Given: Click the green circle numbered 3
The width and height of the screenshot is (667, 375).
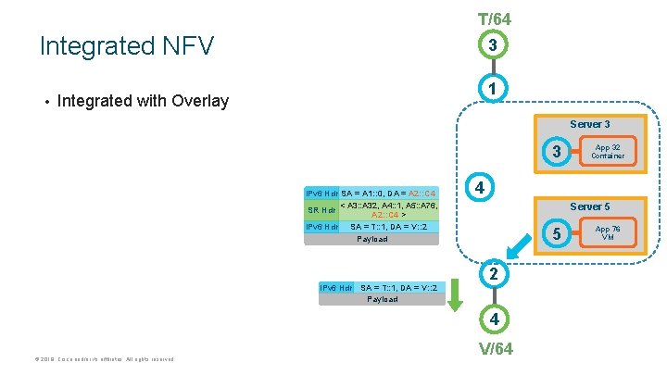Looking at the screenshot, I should point(495,45).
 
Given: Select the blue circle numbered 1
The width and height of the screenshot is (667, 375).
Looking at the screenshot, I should point(495,89).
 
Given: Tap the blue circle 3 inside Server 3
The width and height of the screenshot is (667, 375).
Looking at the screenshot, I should point(556,151).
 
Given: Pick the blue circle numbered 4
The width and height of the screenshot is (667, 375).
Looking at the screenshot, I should point(479,187).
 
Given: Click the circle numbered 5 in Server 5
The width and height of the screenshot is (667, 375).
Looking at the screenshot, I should point(556,233).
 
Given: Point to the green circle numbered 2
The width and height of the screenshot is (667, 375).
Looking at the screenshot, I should point(495,274).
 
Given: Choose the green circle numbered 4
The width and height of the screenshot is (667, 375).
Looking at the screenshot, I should point(495,319).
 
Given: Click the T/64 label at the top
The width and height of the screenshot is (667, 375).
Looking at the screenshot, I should point(495,19).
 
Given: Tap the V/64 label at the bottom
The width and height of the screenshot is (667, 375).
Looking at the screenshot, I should point(495,349).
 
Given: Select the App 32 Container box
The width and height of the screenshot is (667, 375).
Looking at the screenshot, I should point(608,151).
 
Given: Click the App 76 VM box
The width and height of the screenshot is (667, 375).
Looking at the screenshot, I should point(608,233).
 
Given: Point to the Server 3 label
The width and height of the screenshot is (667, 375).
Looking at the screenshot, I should point(589,124).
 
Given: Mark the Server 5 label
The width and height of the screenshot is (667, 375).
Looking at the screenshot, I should point(589,206).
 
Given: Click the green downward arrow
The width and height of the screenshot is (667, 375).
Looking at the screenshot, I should point(455,297).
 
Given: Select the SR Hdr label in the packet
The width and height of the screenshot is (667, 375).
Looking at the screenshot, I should point(321,209).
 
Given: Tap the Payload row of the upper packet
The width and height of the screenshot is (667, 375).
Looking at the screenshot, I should point(372,239).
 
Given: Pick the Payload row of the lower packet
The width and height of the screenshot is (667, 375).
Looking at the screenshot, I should point(382,299).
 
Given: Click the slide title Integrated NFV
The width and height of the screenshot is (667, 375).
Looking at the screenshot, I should point(127,45).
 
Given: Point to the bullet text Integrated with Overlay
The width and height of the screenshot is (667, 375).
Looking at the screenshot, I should point(143,100).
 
